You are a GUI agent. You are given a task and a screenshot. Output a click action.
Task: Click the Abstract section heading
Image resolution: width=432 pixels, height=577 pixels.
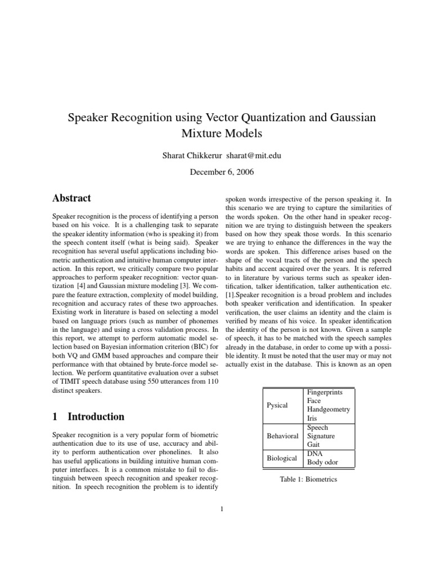(x=71, y=198)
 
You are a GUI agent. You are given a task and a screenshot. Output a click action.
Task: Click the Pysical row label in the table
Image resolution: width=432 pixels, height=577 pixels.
(x=276, y=405)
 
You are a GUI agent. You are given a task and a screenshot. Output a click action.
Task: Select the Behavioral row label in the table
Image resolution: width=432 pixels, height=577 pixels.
(x=282, y=436)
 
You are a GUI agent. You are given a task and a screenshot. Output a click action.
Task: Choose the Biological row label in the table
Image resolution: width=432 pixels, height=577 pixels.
(x=282, y=458)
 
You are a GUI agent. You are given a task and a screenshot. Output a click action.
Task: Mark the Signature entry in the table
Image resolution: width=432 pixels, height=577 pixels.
(x=321, y=436)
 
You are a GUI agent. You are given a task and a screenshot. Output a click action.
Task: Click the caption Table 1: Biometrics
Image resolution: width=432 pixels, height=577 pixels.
(x=308, y=480)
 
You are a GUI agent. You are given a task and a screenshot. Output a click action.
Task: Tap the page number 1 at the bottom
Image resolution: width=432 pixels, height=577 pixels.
(x=222, y=510)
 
